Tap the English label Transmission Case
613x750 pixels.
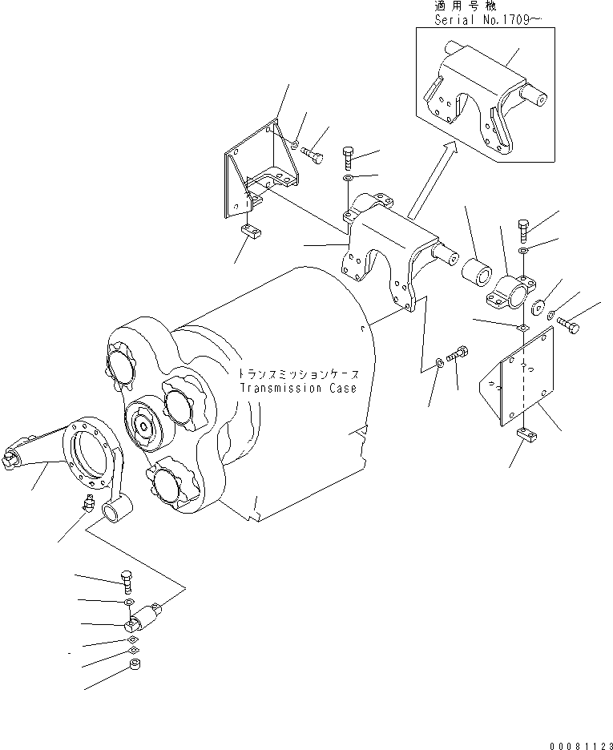point(298,389)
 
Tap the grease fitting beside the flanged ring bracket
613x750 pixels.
point(87,506)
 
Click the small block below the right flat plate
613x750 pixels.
point(526,435)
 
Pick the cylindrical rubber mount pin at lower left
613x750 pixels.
point(149,617)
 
